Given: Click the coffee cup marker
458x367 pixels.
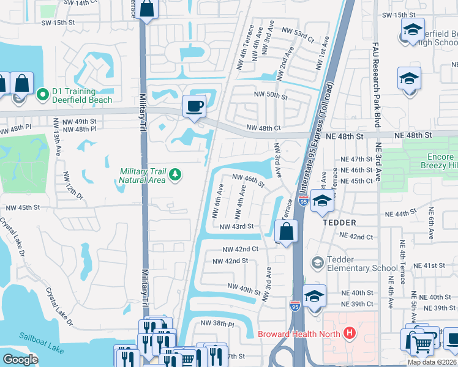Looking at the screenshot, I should click(195, 106).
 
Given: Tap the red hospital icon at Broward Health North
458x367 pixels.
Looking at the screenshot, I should click(350, 333).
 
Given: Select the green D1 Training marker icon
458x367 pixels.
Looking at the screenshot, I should click(43, 95).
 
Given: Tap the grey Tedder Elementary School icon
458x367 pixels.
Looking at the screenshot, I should click(318, 263).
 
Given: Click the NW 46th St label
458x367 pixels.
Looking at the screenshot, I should click(247, 180).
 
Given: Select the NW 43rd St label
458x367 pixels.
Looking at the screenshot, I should click(236, 226).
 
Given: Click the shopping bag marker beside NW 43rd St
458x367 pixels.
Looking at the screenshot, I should click(286, 232).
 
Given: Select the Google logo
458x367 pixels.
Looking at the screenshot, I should click(20, 360).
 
